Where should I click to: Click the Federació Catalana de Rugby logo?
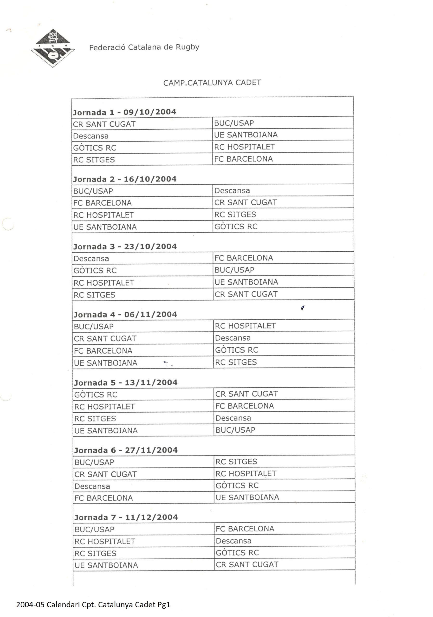coord(53,48)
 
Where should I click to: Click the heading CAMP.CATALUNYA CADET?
coord(212,82)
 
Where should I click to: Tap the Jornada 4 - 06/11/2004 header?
coord(125,315)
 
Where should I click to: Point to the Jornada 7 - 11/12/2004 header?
coord(126,517)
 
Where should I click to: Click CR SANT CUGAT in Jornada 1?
coord(104,124)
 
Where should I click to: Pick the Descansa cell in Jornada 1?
coord(91,136)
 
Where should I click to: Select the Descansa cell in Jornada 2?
coord(232,191)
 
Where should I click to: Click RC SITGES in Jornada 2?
coord(235,215)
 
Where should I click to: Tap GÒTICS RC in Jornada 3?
coord(95,271)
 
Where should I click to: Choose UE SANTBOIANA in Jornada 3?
coord(246,282)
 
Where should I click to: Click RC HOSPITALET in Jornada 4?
coord(245,326)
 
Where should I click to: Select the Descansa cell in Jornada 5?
coord(233,418)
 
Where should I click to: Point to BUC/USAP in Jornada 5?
coord(235,430)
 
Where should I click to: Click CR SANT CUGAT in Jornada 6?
coord(105,474)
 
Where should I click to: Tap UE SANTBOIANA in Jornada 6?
coord(247,497)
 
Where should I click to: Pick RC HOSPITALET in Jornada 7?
coord(105,542)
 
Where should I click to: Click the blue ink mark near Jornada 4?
coord(303,308)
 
